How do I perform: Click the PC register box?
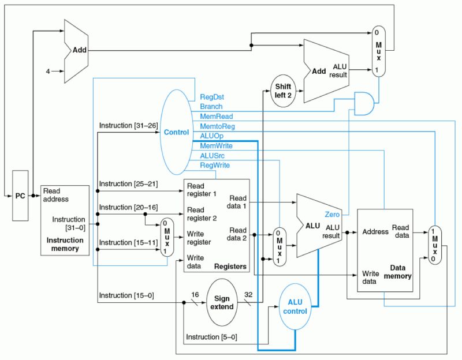(20, 196)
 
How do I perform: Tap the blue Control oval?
(177, 132)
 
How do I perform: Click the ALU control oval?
(295, 306)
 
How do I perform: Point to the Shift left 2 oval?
(283, 91)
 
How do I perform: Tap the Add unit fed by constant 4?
(75, 51)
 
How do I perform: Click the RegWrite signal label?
(214, 166)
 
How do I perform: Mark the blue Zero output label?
(332, 214)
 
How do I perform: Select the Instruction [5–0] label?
(211, 337)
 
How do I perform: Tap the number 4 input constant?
(49, 72)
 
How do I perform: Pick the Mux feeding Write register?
(166, 237)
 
